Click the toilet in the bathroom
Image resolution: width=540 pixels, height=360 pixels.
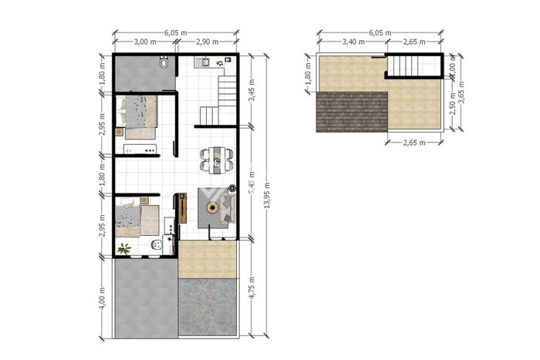[164, 62]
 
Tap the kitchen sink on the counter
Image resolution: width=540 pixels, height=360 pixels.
[206, 62]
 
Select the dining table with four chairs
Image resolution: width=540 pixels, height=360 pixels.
[218, 160]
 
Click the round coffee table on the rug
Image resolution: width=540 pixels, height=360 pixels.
[212, 207]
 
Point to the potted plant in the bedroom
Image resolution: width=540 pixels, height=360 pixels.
[124, 248]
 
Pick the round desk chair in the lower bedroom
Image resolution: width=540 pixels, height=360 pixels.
[157, 244]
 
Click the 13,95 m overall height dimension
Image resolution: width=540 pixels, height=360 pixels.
[267, 195]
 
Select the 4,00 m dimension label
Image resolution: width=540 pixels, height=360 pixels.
[103, 298]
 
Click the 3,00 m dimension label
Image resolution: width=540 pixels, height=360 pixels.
[145, 42]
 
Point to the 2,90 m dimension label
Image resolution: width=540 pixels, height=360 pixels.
[208, 42]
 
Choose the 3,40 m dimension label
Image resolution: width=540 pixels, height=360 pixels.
[353, 42]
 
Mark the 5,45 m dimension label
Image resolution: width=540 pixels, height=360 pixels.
[251, 183]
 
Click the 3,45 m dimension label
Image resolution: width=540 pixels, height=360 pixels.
[251, 90]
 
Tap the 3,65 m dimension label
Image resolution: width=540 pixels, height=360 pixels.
[462, 93]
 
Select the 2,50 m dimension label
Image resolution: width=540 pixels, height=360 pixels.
[453, 103]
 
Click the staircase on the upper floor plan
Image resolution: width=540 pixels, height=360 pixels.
[413, 66]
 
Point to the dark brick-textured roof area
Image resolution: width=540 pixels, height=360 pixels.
[352, 112]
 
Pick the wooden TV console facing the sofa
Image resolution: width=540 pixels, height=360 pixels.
[183, 208]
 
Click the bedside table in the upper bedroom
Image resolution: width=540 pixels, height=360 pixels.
[119, 132]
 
